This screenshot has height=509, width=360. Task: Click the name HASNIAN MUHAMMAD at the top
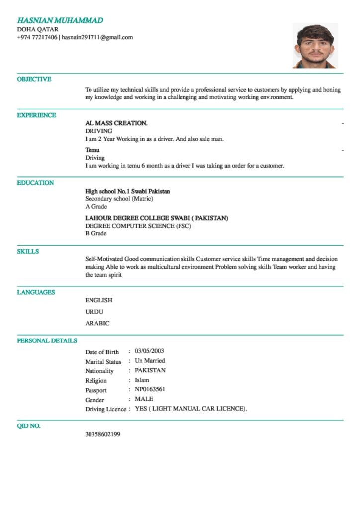tap(60, 20)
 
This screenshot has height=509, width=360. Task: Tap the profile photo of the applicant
tap(315, 46)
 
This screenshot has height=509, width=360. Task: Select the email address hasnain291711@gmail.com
tap(97, 37)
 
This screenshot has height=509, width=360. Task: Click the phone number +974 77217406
tap(37, 37)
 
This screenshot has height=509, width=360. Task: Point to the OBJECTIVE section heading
tap(34, 79)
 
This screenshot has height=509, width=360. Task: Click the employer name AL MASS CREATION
tap(116, 123)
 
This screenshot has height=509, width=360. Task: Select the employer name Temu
tap(92, 150)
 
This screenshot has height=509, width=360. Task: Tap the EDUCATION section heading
tap(35, 183)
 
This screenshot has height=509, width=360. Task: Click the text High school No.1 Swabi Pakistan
tap(127, 191)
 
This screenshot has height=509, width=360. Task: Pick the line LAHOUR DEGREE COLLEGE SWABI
tap(157, 218)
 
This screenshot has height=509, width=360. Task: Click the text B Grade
tap(96, 233)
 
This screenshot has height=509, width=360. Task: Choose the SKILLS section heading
tap(28, 252)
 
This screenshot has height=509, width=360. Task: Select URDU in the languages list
tap(94, 312)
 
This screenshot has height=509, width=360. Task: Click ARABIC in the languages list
tap(97, 323)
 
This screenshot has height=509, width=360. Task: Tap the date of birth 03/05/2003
tap(149, 351)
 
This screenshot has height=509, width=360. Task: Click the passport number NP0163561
tap(150, 389)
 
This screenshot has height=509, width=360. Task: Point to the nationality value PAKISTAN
tap(150, 370)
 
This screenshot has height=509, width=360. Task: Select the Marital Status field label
tap(103, 362)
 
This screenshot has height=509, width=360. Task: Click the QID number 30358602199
tap(102, 434)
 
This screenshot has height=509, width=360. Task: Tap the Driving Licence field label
tap(105, 409)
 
